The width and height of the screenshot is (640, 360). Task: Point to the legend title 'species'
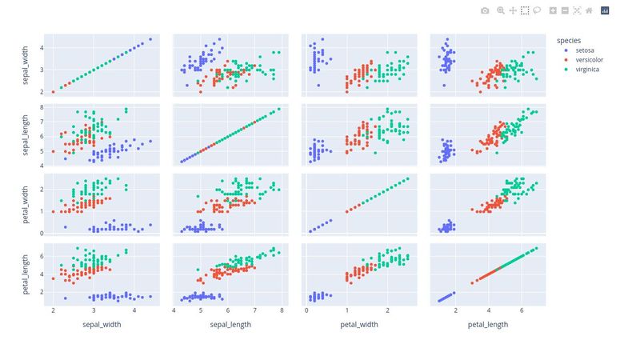569,39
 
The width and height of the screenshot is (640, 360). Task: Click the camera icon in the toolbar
485,10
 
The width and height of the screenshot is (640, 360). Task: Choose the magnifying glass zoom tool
501,10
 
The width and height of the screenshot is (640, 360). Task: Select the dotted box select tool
525,10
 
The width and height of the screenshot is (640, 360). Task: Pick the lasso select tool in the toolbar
537,10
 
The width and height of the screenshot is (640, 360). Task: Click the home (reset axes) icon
589,10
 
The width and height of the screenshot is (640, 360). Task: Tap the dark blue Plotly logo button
605,10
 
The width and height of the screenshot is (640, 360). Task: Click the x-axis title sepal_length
229,325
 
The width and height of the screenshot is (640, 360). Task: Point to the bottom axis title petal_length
486,325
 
